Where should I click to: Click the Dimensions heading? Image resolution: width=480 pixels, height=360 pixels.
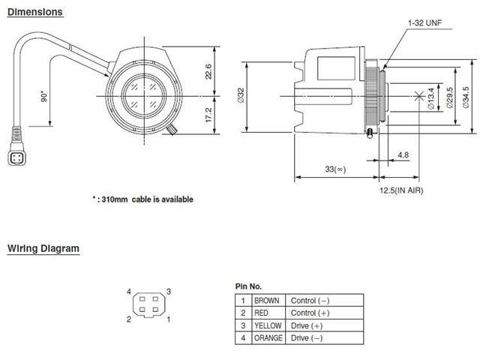click(35, 12)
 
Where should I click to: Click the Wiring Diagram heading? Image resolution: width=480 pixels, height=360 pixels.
click(43, 248)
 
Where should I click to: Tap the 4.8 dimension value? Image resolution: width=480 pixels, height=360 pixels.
click(403, 155)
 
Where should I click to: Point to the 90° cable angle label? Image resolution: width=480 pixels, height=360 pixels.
click(44, 97)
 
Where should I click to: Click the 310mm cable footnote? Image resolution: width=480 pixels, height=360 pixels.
click(142, 199)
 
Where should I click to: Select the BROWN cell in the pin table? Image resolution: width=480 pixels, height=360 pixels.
click(267, 301)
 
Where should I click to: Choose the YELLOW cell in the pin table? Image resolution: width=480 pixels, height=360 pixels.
click(267, 325)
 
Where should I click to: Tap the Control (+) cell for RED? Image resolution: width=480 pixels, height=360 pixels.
click(310, 313)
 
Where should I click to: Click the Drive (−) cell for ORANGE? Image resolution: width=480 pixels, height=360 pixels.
click(308, 338)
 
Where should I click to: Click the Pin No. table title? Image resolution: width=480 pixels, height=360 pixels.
click(248, 286)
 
